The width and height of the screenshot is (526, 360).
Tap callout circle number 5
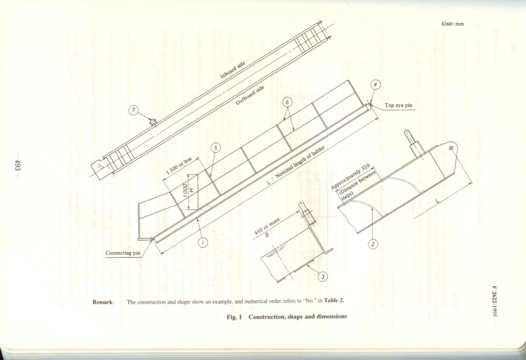point(215,148)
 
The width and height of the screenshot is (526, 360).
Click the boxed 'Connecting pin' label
point(125,253)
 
